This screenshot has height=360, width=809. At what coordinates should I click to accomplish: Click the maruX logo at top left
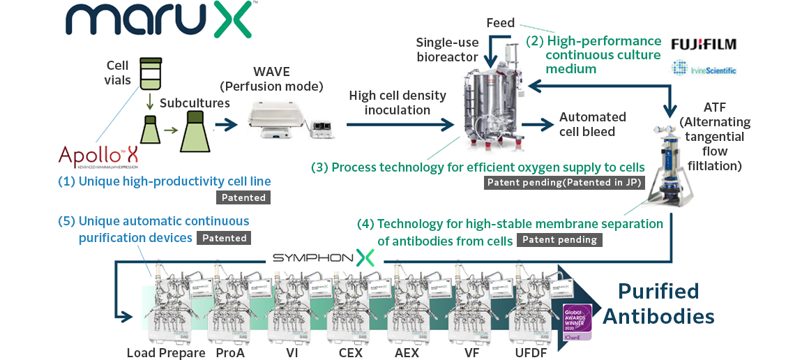[159, 20]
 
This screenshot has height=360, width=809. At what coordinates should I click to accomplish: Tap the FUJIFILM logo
[703, 44]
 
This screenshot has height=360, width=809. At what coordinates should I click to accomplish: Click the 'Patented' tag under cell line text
[243, 197]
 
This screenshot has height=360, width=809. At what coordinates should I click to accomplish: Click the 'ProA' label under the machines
[230, 352]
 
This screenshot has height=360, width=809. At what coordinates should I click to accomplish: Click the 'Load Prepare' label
[166, 352]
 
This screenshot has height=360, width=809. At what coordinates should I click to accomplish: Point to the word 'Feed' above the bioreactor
[500, 23]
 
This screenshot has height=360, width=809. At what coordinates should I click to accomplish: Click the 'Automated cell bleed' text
[593, 123]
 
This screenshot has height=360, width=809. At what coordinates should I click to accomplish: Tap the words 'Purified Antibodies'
[658, 303]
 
